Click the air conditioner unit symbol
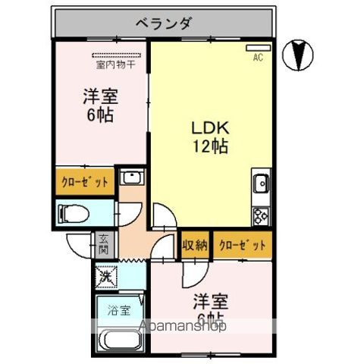256,48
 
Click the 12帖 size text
210,146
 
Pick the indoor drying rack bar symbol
116,55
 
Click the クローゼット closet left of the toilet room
84,182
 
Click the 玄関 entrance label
105,244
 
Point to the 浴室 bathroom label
118,310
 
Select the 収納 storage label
195,245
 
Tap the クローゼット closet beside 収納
243,245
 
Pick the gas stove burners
262,215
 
